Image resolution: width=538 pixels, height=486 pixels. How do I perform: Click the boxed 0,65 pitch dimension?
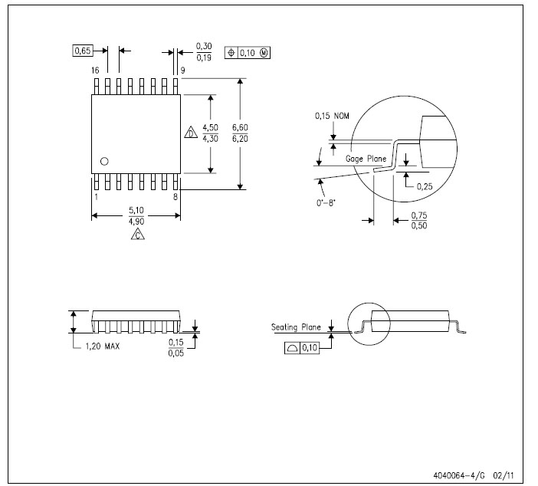[x=83, y=51]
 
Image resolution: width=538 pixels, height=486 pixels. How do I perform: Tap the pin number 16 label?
[x=95, y=71]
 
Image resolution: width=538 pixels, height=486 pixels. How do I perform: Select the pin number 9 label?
[x=183, y=71]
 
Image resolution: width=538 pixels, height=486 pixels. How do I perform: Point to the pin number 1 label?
[x=96, y=197]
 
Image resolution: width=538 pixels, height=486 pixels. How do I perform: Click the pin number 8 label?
[x=176, y=197]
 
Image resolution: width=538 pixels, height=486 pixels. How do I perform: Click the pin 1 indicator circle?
[x=104, y=161]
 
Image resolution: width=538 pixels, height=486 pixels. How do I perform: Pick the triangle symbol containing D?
[x=191, y=133]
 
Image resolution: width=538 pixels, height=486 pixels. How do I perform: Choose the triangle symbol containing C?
[x=138, y=234]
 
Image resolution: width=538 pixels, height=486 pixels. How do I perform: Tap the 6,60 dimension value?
[x=240, y=128]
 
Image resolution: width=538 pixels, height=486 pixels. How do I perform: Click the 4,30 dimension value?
[x=210, y=139]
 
